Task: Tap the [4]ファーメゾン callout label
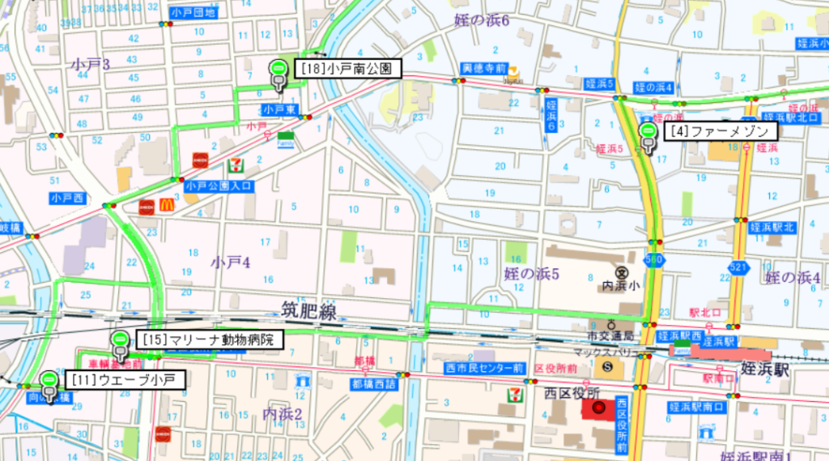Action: point(721,130)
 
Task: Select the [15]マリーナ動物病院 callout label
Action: point(210,339)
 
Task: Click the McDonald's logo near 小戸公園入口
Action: point(168,206)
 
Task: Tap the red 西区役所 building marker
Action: point(598,409)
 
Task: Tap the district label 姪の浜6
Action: point(481,19)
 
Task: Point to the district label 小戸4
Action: point(231,262)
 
